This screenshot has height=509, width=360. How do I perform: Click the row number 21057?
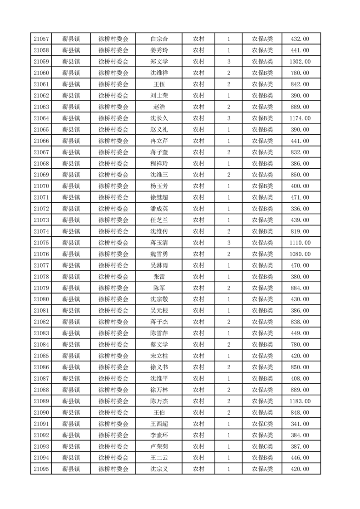(x=41, y=39)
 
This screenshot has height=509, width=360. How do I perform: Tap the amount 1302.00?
(x=300, y=62)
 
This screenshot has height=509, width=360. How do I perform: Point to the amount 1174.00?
(x=300, y=118)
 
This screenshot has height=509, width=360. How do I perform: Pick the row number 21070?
(x=41, y=186)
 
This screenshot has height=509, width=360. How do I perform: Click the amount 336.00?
(x=300, y=209)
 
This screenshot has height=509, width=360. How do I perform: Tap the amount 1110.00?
(x=300, y=243)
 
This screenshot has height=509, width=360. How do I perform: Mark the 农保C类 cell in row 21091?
(x=262, y=424)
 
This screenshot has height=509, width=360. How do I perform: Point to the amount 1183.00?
(x=300, y=401)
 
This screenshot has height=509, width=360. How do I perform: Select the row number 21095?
(x=41, y=469)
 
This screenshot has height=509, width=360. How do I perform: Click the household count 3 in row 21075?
(x=228, y=243)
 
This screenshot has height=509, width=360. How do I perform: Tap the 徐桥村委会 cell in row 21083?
(x=113, y=333)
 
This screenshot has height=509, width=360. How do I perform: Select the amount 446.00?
(x=300, y=458)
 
